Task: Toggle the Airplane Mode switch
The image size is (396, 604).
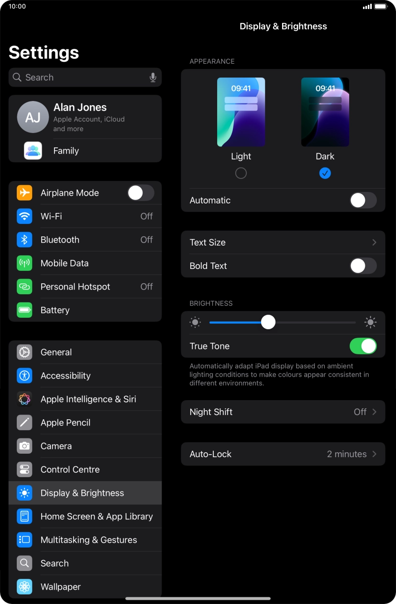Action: pyautogui.click(x=141, y=193)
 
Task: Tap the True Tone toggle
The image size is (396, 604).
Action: pyautogui.click(x=363, y=346)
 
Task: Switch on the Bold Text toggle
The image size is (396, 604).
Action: pyautogui.click(x=363, y=266)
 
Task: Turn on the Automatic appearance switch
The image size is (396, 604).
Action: pyautogui.click(x=363, y=201)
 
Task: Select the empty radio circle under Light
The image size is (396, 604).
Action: pyautogui.click(x=241, y=173)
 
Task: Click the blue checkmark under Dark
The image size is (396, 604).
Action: pyautogui.click(x=325, y=173)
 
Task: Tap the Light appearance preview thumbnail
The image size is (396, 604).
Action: pyautogui.click(x=241, y=112)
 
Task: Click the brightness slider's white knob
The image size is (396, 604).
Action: pyautogui.click(x=268, y=322)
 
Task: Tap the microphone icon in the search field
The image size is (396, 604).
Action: pyautogui.click(x=153, y=78)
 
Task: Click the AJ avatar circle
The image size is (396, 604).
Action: pyautogui.click(x=33, y=117)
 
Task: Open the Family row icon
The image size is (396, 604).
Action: pyautogui.click(x=33, y=150)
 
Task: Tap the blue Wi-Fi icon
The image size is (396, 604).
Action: pyautogui.click(x=24, y=216)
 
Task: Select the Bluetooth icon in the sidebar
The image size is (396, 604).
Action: pyautogui.click(x=24, y=240)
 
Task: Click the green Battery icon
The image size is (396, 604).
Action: pyautogui.click(x=24, y=310)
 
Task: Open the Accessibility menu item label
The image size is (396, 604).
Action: pyautogui.click(x=66, y=376)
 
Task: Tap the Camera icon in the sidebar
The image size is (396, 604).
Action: pyautogui.click(x=24, y=446)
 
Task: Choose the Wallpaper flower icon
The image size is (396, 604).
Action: pyautogui.click(x=24, y=587)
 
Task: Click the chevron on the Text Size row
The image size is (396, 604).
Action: pyautogui.click(x=374, y=242)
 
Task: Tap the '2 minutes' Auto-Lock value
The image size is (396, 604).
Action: pyautogui.click(x=347, y=454)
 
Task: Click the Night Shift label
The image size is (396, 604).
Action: pyautogui.click(x=211, y=412)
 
